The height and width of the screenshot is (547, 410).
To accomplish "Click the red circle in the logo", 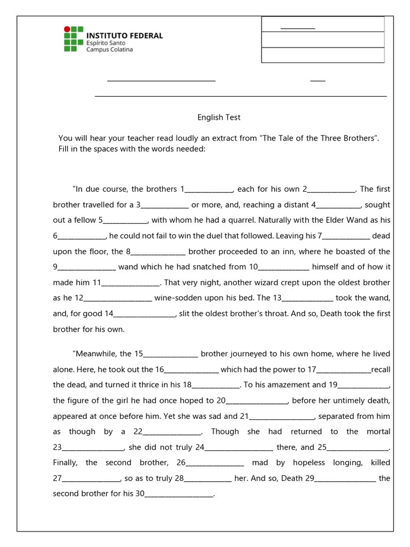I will click(x=67, y=29).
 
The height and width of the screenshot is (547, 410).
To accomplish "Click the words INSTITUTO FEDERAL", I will click(x=124, y=36).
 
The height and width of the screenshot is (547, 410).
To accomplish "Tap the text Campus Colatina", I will click(x=109, y=50).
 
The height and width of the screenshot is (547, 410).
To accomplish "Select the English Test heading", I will click(x=219, y=118).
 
